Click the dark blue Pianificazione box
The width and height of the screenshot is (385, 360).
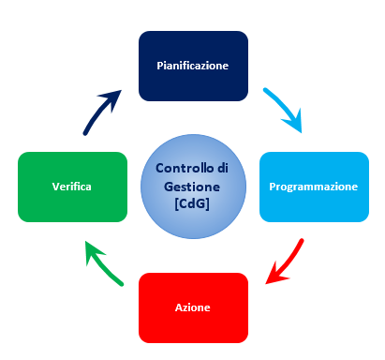[x=193, y=66]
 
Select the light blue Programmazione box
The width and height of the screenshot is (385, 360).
[x=313, y=187]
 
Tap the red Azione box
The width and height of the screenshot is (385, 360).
[x=193, y=307]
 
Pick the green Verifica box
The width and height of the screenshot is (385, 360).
[x=72, y=187]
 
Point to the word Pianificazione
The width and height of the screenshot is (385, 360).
[x=193, y=67]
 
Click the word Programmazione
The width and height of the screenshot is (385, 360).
[x=313, y=187]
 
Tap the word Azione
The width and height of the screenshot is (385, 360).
[x=193, y=307]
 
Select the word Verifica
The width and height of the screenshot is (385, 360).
[x=72, y=187]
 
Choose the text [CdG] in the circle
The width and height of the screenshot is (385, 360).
[x=193, y=203]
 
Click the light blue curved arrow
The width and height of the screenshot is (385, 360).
[x=283, y=107]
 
